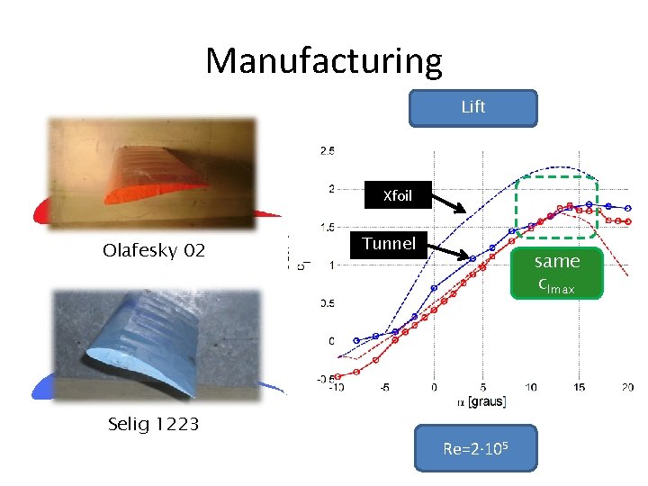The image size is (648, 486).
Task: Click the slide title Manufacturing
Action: tap(324, 61)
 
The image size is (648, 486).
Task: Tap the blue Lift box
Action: tap(472, 107)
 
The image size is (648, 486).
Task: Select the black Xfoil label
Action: tap(398, 195)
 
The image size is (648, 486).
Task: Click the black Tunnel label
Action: tap(389, 243)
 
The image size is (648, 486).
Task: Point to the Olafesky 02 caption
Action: tap(154, 250)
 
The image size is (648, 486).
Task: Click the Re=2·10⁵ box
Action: tap(475, 448)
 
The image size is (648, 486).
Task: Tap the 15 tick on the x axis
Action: tap(579, 387)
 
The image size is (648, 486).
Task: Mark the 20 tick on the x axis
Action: tap(627, 387)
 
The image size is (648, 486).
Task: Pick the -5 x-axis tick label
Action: tap(384, 387)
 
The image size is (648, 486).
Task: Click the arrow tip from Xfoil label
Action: tap(464, 212)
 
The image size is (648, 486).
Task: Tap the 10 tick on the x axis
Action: tap(530, 387)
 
